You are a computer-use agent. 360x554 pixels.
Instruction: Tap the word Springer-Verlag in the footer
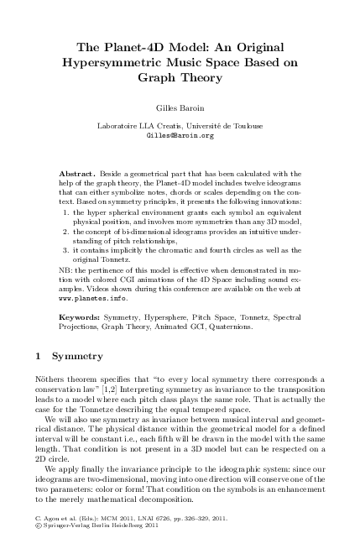66,543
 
